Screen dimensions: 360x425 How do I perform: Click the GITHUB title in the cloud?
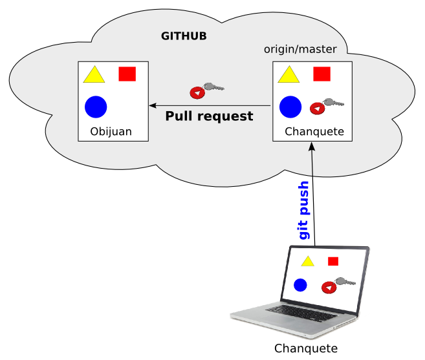tap(184, 36)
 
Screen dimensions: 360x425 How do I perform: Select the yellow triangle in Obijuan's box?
tap(94, 76)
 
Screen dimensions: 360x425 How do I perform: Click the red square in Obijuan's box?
tap(127, 74)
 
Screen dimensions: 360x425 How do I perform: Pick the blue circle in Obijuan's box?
tap(95, 107)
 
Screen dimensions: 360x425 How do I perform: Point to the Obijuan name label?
tap(111, 132)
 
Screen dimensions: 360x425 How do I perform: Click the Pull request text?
tap(209, 117)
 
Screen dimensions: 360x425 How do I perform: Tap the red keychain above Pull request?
tap(198, 92)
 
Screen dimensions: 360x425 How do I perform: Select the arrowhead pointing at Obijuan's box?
tap(153, 105)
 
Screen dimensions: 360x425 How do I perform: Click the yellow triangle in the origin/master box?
tap(289, 76)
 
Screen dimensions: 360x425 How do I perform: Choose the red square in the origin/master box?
tap(321, 74)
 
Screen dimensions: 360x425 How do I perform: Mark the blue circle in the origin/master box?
tap(290, 107)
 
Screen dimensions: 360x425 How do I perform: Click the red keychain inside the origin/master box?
tap(318, 108)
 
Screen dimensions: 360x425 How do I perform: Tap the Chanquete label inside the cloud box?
tap(314, 132)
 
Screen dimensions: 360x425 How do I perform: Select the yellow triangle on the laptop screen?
tap(307, 261)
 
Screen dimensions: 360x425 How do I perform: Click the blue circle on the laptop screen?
tap(300, 284)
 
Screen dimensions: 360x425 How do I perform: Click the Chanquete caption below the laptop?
tap(306, 349)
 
